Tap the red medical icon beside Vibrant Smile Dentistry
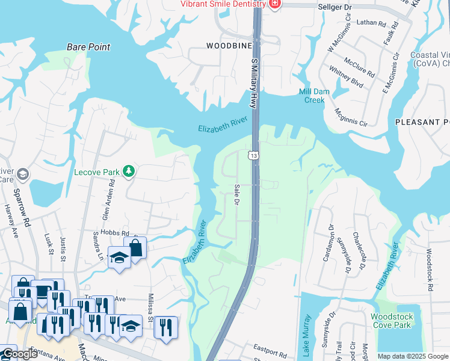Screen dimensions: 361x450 (x=274, y=4)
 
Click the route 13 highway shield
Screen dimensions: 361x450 (x=254, y=156)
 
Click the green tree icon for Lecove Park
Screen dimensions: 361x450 (x=128, y=172)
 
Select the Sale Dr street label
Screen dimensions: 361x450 (x=236, y=194)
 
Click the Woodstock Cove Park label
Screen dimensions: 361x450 (x=391, y=321)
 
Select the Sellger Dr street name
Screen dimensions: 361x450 (x=334, y=7)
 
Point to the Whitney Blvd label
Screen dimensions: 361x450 (x=345, y=77)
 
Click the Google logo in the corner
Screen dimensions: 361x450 (x=19, y=354)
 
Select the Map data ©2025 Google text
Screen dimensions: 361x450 (x=413, y=356)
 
